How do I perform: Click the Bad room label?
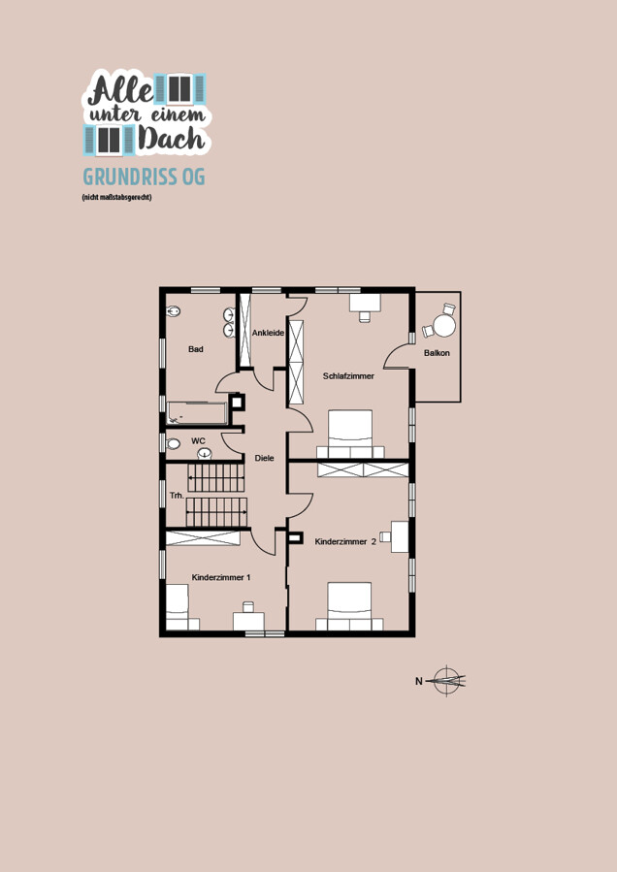tap(195, 349)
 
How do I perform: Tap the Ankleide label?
tap(268, 333)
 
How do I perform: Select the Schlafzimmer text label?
tap(348, 376)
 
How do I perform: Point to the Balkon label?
tap(437, 352)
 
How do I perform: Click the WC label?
tap(198, 441)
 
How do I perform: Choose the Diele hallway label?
tap(264, 458)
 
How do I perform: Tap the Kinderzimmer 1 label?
tap(221, 577)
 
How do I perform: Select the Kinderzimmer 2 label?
tap(345, 541)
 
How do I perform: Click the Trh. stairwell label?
tap(177, 495)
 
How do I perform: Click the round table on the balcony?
tap(444, 326)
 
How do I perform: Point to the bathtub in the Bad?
tap(197, 413)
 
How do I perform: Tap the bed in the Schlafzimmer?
tap(350, 434)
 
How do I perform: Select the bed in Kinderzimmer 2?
tap(349, 606)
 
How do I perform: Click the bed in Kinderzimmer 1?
tap(178, 607)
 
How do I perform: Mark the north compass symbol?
tap(448, 680)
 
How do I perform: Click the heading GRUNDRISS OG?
tap(145, 177)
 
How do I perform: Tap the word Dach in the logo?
tap(172, 139)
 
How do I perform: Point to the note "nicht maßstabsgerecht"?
tap(116, 197)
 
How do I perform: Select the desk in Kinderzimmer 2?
tap(400, 536)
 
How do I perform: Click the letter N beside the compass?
tap(419, 681)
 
